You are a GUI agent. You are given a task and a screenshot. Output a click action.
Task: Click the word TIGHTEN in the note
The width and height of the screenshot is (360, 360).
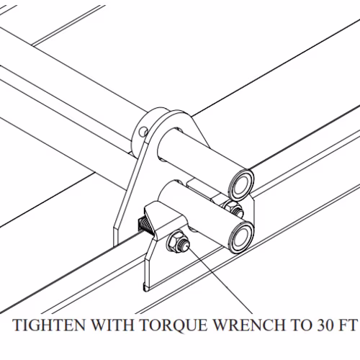point(49,325)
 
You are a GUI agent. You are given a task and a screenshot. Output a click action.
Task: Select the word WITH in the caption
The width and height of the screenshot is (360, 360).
point(112,325)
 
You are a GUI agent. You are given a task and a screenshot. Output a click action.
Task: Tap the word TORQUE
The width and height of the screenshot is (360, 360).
point(174,325)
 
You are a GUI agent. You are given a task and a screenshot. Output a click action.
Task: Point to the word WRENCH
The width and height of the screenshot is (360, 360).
point(249,325)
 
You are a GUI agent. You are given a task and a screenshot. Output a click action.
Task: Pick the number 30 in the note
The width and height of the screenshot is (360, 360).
point(325,325)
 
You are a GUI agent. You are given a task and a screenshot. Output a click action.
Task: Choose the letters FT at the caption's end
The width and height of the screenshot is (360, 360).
point(348,325)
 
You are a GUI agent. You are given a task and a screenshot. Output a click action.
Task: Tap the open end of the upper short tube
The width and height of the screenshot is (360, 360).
point(240,184)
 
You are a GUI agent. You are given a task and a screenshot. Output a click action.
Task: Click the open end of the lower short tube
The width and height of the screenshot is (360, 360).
point(241,237)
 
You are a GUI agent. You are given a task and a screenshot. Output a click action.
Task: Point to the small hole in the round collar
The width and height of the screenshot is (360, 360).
point(144,131)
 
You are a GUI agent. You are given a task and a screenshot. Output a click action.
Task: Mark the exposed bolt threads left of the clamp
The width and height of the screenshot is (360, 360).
point(145,225)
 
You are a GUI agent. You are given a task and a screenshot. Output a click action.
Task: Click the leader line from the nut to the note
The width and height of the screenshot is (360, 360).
point(220,280)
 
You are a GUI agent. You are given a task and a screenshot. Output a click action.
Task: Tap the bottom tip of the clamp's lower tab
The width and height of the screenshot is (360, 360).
point(145,290)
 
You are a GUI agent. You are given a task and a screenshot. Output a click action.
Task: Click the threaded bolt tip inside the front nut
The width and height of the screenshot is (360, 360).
point(185,244)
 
